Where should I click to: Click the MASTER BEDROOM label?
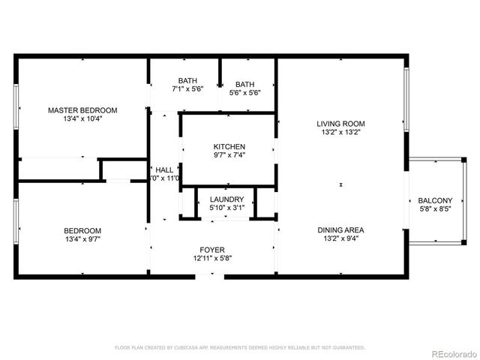tap(82, 109)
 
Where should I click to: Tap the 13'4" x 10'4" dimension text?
tap(82, 118)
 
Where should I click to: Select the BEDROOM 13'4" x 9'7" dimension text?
tap(82, 240)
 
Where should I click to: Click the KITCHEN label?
tap(229, 146)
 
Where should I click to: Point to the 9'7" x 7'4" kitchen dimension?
tap(229, 155)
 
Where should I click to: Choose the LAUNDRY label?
tap(226, 199)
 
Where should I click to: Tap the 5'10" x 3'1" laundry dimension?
tap(226, 208)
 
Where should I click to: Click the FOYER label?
tap(211, 250)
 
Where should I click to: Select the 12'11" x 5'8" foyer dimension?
tap(211, 259)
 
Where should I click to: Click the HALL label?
tap(164, 169)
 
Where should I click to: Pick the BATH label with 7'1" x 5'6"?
tap(187, 80)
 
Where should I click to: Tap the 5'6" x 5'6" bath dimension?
tap(244, 93)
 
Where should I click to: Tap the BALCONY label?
tap(435, 200)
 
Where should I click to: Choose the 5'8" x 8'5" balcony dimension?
tap(435, 209)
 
